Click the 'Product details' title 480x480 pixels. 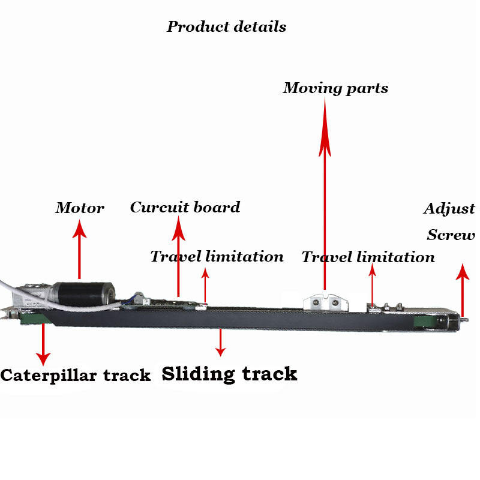click(226, 27)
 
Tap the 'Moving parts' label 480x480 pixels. click(335, 88)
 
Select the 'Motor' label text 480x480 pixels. click(80, 208)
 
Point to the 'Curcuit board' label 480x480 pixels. click(185, 208)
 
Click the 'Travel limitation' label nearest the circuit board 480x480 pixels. click(217, 257)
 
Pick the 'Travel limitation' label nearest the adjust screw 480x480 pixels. click(368, 257)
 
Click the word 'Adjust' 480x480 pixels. click(449, 209)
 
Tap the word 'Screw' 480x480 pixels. click(451, 235)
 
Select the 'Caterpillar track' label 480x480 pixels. click(75, 376)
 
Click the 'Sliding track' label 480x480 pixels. click(229, 374)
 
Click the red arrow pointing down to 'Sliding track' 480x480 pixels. click(221, 342)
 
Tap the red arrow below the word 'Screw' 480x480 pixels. click(462, 288)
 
